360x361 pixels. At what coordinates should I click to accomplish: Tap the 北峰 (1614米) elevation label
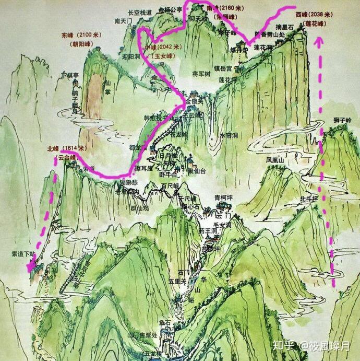66,148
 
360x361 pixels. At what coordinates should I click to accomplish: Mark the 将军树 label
201,74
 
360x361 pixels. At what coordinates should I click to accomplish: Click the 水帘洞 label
229,134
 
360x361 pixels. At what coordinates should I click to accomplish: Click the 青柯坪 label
223,197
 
